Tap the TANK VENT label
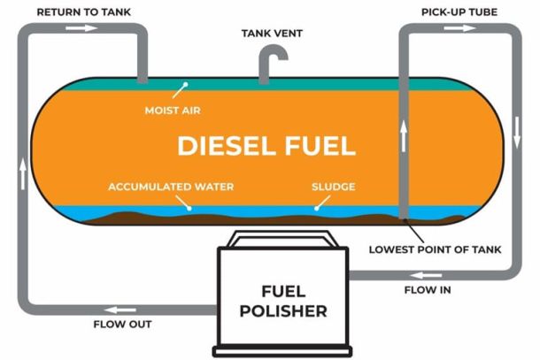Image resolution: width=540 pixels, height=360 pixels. [270, 33]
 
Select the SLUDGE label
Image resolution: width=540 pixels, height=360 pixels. [332, 188]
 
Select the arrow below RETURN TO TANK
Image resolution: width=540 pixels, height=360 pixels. [76, 28]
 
